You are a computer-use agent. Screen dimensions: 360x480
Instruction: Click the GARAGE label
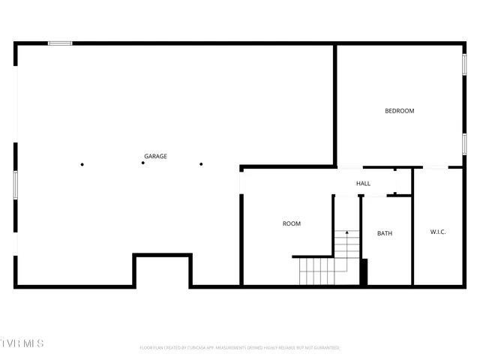(x=155, y=156)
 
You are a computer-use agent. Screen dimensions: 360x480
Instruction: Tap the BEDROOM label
(x=399, y=111)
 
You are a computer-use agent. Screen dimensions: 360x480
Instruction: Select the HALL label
(x=363, y=183)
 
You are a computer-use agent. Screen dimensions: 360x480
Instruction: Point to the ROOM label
(x=291, y=223)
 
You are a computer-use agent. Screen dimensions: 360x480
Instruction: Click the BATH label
(x=384, y=233)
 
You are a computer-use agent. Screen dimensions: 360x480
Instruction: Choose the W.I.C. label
(x=438, y=232)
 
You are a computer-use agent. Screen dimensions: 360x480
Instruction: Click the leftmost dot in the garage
(x=82, y=164)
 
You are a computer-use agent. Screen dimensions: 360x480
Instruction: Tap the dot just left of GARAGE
(x=142, y=163)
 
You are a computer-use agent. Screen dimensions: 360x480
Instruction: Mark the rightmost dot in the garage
(x=201, y=163)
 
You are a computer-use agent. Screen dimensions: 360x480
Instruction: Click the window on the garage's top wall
(x=60, y=43)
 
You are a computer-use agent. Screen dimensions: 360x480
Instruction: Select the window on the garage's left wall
(x=16, y=184)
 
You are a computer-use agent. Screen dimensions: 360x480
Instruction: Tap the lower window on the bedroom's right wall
(x=464, y=145)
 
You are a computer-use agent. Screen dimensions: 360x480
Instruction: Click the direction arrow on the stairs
(x=346, y=233)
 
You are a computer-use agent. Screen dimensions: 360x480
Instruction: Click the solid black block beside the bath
(x=364, y=271)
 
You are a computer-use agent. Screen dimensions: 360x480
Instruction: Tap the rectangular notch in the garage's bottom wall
(x=163, y=271)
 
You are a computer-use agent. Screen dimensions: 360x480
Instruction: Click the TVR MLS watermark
(x=22, y=343)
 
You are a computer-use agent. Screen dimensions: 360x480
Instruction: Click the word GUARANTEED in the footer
(x=324, y=348)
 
